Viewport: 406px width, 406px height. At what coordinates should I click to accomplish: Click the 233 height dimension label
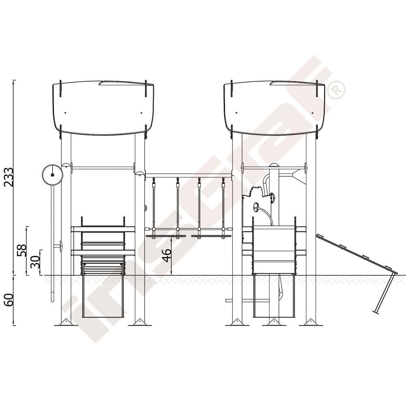coord(9,177)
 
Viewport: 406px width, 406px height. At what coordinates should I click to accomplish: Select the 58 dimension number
coord(22,250)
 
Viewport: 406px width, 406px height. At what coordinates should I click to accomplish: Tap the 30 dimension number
coord(35,262)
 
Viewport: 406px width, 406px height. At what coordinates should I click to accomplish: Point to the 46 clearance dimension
coord(166,255)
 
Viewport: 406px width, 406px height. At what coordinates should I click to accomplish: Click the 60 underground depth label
coord(9,300)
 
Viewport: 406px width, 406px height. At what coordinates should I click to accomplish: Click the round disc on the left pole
coord(52,175)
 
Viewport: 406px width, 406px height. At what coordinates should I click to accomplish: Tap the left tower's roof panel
coord(103,108)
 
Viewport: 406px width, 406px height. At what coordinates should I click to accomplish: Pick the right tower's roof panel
coord(274,108)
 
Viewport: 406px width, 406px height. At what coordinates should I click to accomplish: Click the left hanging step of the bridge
coord(166,236)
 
